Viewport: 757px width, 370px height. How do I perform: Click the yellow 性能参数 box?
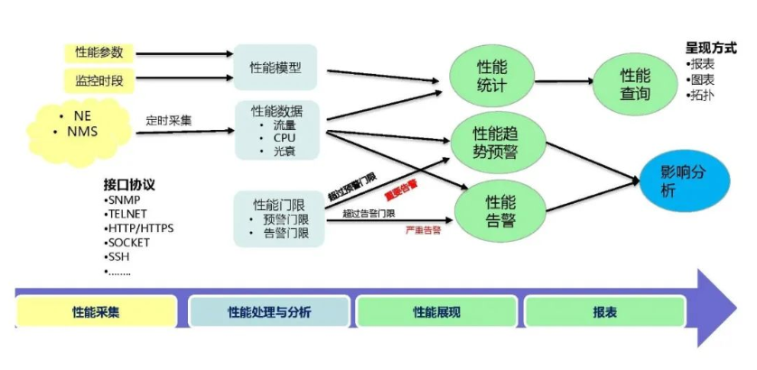point(99,52)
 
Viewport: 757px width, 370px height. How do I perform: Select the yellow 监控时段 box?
point(99,81)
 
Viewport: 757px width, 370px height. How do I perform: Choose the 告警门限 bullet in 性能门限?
point(286,233)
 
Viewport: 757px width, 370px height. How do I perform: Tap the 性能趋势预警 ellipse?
point(496,140)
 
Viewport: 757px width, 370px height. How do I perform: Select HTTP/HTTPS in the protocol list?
point(140,228)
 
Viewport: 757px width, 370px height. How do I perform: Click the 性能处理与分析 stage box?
point(269,312)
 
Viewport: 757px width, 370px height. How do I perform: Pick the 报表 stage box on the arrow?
point(605,312)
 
